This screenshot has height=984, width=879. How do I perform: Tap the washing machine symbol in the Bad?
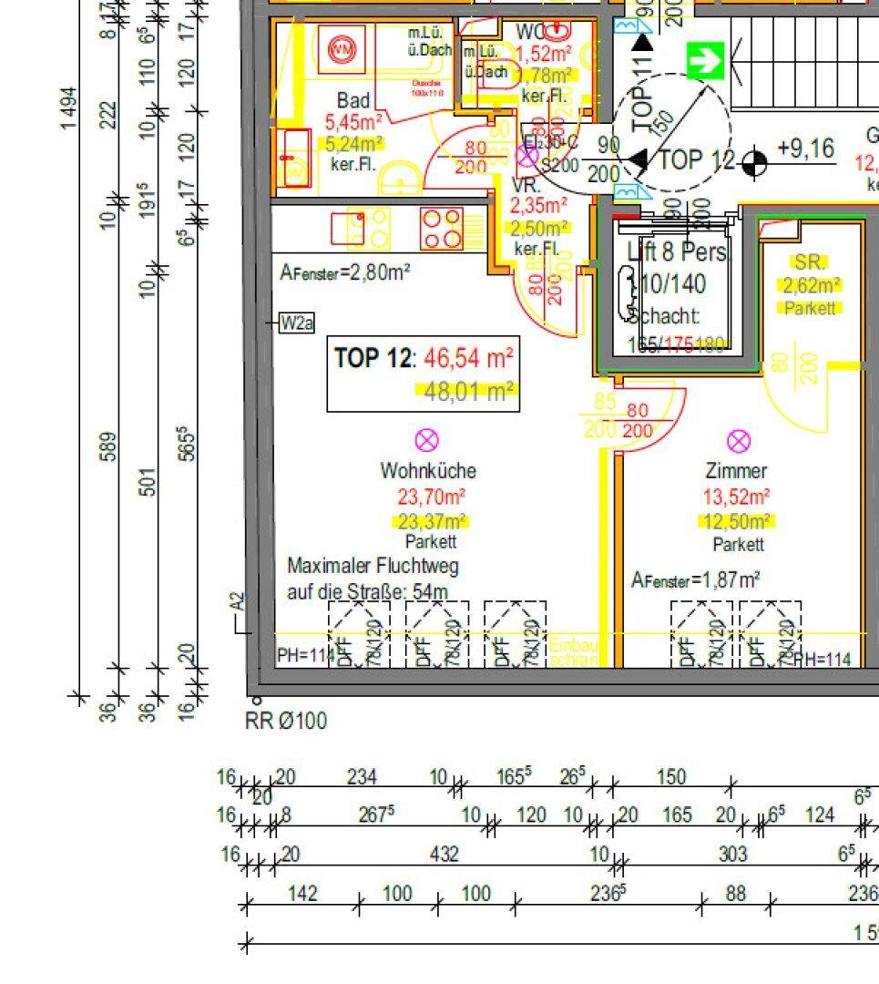342,48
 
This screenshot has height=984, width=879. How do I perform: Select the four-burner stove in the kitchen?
441,228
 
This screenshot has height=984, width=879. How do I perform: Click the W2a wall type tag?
297,323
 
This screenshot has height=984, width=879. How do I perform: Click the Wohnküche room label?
428,471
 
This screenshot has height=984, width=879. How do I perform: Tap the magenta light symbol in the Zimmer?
739,442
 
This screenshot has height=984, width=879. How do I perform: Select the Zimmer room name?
736,471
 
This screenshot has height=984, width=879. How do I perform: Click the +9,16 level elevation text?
805,149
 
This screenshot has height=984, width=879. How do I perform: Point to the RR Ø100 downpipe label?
286,722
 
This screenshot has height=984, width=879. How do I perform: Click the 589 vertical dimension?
108,446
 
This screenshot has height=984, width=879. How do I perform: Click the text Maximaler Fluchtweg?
373,566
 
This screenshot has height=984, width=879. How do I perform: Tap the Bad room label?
353,100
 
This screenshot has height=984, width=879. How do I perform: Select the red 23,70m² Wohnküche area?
431,497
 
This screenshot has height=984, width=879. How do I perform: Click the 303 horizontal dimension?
732,855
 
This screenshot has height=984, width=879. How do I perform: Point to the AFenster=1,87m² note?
697,579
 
